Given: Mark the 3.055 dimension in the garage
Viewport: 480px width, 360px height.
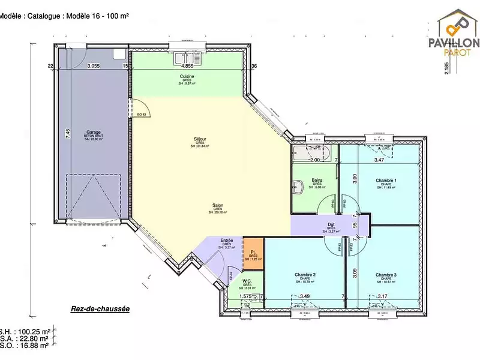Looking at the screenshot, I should click(x=93, y=66).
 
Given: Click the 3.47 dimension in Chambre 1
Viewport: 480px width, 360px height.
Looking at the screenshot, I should click(x=379, y=160).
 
